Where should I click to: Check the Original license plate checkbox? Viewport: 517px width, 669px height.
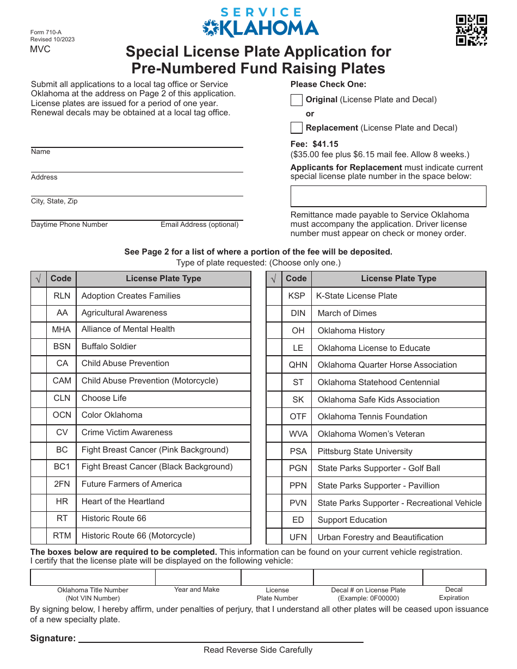[x=297, y=100]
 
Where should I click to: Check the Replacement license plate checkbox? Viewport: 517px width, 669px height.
[x=297, y=128]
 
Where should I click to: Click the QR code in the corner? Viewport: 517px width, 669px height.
[x=471, y=30]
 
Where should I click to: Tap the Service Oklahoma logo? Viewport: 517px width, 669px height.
[x=260, y=23]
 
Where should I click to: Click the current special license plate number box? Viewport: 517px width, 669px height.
[x=388, y=196]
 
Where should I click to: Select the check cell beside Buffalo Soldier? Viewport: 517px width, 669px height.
[x=39, y=346]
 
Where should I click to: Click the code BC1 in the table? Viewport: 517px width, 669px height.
[x=61, y=467]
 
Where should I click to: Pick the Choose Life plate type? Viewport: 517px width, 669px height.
[x=104, y=398]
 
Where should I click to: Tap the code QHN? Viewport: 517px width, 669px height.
[x=298, y=365]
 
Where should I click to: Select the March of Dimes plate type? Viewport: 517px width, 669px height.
[x=347, y=313]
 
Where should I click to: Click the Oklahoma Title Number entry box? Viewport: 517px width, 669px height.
[x=93, y=577]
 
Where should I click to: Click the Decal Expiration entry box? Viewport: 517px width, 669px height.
[x=454, y=577]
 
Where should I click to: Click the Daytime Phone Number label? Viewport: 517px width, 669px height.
[x=69, y=225]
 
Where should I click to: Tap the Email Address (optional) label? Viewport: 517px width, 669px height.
[x=199, y=225]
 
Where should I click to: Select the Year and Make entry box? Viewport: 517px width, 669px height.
[x=198, y=577]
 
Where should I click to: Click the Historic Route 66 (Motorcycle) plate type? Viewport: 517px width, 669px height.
[x=138, y=536]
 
